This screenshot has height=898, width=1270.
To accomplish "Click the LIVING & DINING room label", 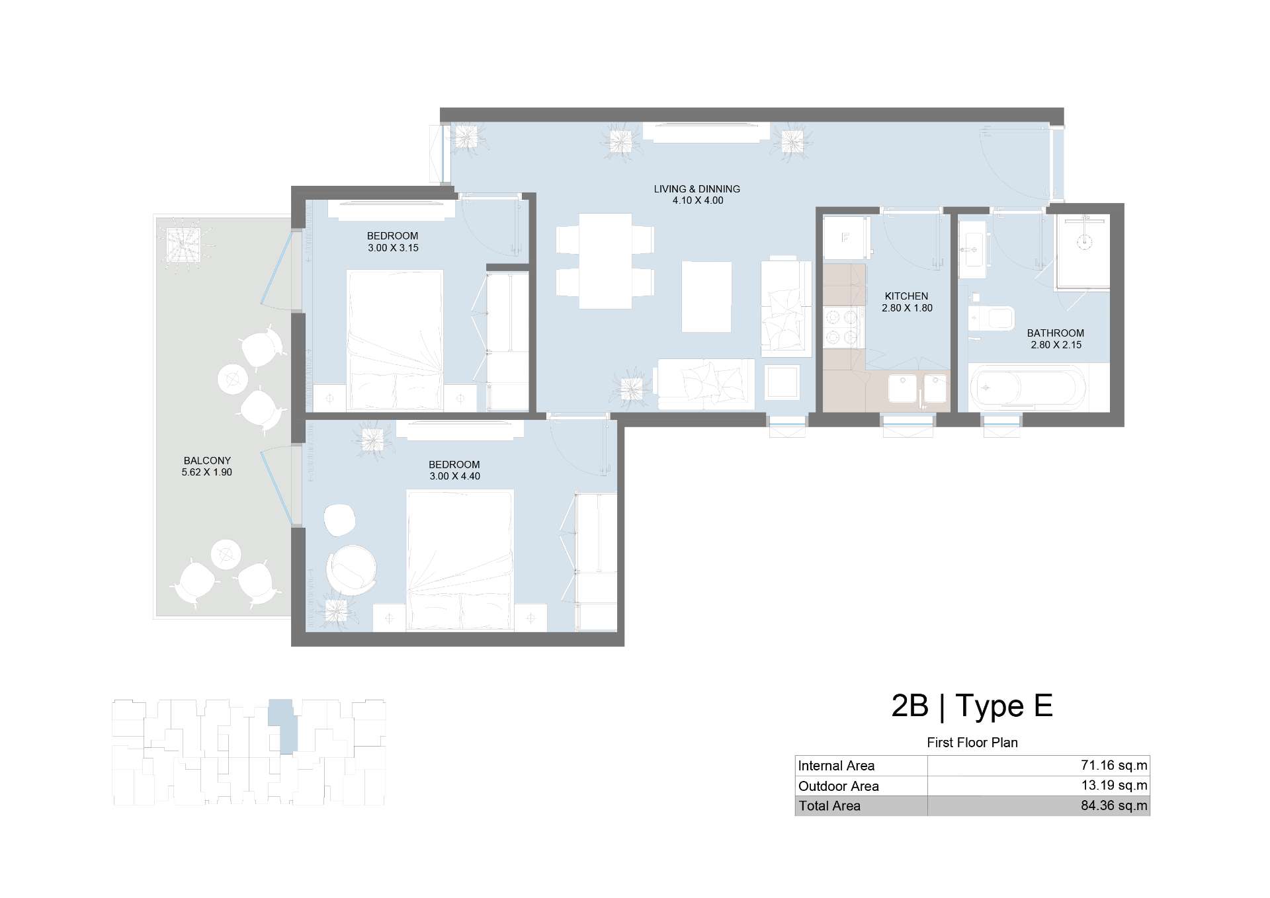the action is [x=697, y=189].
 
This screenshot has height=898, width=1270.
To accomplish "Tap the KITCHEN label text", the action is [x=906, y=296].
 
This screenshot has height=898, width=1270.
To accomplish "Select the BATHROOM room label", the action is [x=1055, y=333].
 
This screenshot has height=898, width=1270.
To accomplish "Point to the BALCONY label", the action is [x=207, y=461].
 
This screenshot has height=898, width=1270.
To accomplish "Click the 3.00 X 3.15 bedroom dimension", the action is [x=393, y=248].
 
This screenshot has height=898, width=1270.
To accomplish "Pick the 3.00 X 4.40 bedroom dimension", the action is [x=454, y=476].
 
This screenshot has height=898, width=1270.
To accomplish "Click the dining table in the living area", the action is [x=605, y=261].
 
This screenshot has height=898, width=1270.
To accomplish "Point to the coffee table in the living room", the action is [x=706, y=297].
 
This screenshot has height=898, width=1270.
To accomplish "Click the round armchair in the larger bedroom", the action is [x=351, y=570].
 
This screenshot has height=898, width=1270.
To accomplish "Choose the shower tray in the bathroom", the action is [x=1082, y=251].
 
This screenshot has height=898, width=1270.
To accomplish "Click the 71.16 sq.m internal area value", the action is [x=1114, y=766].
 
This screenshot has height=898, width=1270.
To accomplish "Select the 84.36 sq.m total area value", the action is [x=1114, y=806].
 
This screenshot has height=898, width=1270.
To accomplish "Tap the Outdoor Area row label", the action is [x=838, y=786].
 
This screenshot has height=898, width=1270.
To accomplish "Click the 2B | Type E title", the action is [x=972, y=706].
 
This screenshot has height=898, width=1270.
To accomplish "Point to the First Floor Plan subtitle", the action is [x=972, y=743].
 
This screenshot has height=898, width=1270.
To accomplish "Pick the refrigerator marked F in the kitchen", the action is [x=845, y=238].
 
